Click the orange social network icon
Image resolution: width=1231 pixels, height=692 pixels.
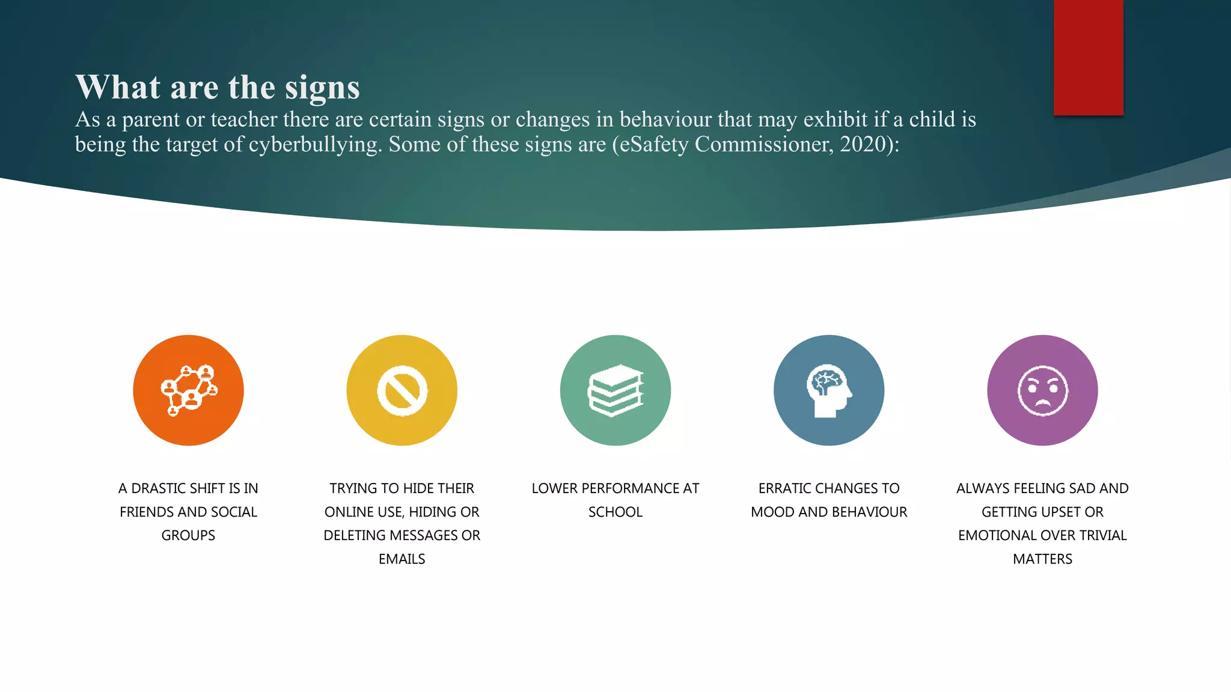(188, 390)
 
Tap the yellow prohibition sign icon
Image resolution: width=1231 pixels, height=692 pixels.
(402, 390)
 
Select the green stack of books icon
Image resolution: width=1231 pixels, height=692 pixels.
(615, 390)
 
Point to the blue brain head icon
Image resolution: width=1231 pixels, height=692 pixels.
(829, 390)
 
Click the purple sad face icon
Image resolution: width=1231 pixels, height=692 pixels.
(1042, 390)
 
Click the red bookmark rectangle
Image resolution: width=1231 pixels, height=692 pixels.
(1088, 57)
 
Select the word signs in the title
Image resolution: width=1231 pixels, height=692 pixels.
(322, 88)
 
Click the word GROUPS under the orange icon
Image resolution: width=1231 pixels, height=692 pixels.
(188, 535)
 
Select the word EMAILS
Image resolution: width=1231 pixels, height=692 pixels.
(402, 559)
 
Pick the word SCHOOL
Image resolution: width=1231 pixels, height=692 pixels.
(615, 512)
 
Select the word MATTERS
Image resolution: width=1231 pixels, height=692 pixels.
(1042, 559)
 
